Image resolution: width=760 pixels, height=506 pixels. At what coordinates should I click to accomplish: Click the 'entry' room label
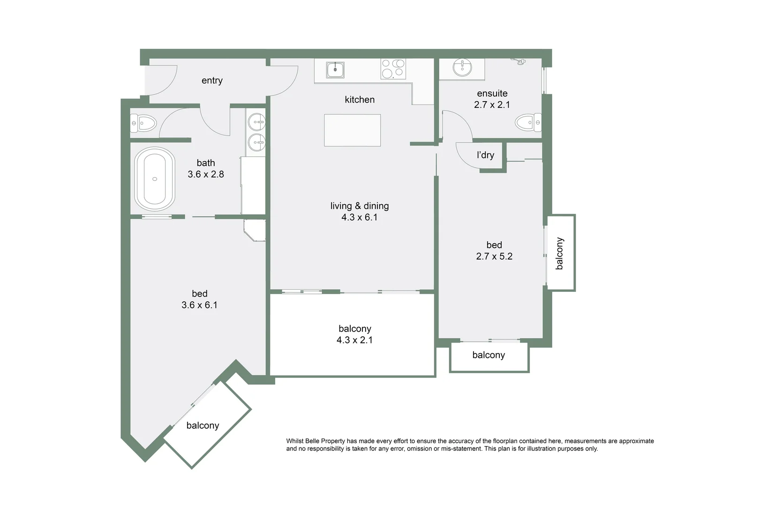coord(212,81)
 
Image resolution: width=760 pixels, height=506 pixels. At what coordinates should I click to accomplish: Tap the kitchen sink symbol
coord(335,70)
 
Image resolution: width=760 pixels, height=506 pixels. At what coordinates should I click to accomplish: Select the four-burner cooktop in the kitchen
coord(393,68)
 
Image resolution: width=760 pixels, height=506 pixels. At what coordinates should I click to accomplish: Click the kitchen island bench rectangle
coord(352,130)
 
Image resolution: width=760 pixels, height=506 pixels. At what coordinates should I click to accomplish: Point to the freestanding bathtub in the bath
coord(155,179)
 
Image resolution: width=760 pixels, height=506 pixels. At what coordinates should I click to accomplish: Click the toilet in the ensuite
coord(528,123)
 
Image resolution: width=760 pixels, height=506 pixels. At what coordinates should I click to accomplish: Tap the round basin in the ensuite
coord(462,67)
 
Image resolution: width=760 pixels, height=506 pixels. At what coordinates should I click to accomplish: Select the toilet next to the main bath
coord(143,124)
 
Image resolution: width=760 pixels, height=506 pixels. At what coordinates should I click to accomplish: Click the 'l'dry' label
coord(485,155)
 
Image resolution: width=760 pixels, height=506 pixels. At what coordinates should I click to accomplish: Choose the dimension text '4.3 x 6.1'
coord(359,217)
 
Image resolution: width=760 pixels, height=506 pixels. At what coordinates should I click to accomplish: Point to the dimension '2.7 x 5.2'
coord(494,256)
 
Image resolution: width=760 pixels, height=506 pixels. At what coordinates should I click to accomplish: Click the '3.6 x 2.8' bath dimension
coord(206,174)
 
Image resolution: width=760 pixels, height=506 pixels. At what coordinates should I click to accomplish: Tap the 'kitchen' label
coord(360,99)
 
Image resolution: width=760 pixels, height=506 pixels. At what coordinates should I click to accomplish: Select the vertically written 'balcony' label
coord(559,253)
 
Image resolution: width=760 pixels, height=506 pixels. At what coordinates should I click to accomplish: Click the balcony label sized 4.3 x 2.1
coord(355,329)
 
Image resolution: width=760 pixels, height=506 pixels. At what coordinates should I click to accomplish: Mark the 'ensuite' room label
coord(492,93)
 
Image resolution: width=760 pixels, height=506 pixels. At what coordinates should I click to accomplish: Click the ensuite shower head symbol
coord(519,61)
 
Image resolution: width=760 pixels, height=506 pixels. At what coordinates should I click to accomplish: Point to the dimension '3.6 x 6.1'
coord(199,305)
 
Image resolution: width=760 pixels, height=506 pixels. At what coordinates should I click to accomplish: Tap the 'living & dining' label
coord(360,206)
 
